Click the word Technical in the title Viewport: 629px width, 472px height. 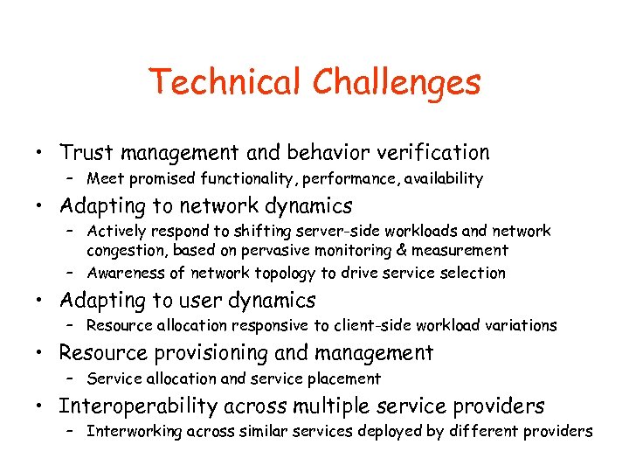(226, 82)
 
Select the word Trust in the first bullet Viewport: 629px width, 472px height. (86, 153)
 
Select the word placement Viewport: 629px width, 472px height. (346, 379)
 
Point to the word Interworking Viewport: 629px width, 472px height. (132, 432)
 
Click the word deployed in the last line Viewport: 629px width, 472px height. (385, 432)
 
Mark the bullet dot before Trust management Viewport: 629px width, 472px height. (41, 153)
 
